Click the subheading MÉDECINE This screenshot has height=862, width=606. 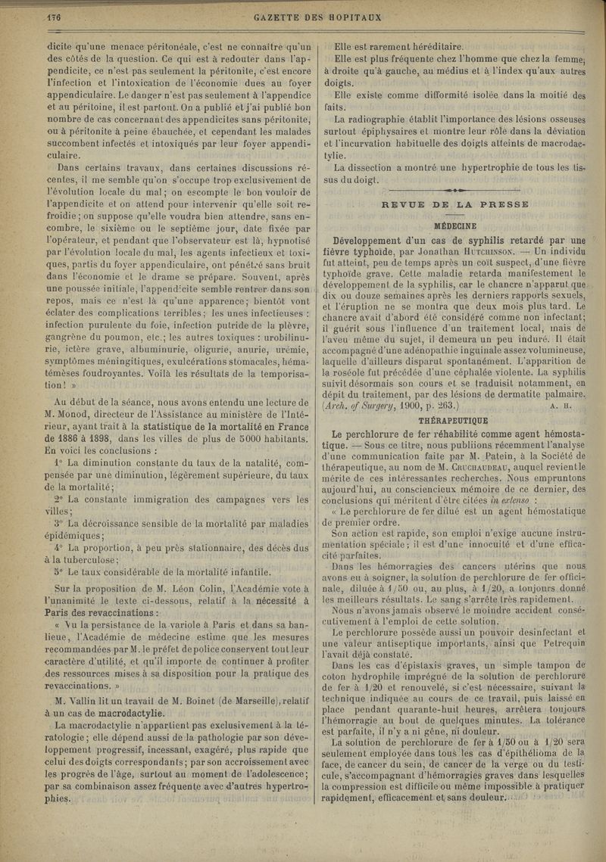tap(454, 226)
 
